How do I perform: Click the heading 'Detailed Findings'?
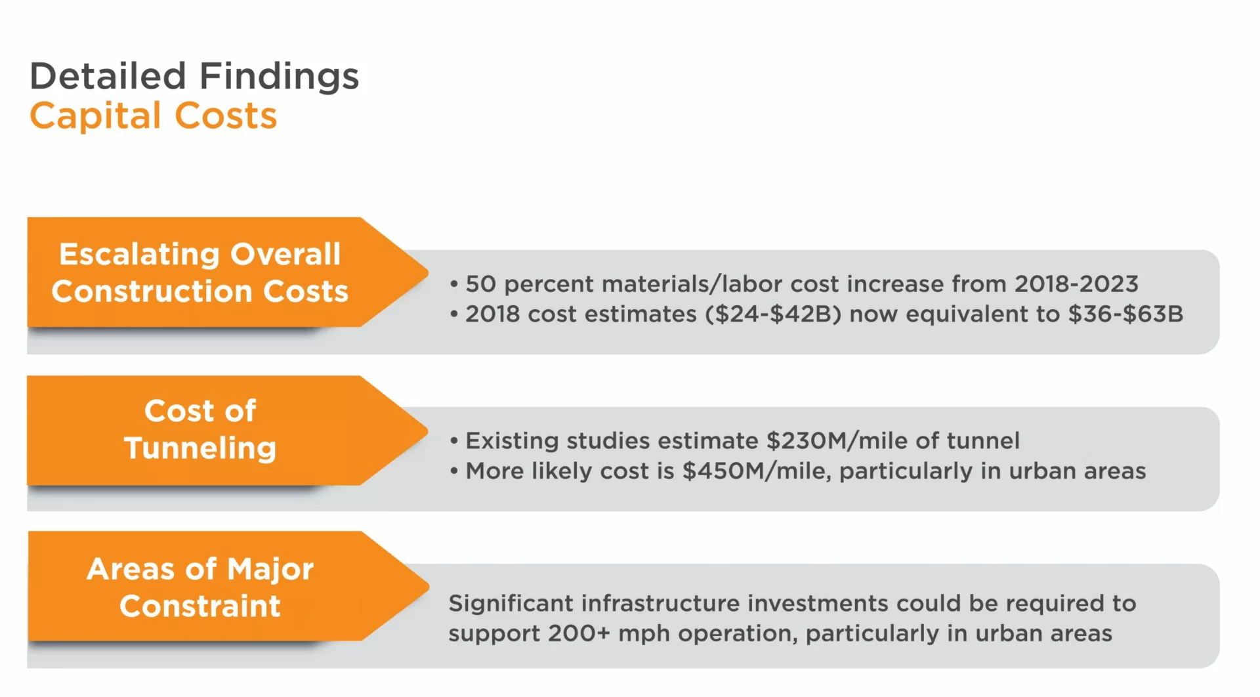tap(194, 76)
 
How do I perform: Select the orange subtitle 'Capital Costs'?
tap(154, 116)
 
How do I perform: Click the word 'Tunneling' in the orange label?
tap(200, 449)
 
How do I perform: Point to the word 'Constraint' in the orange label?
tap(200, 606)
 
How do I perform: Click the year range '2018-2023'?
tap(1076, 284)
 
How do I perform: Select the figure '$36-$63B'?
tap(1125, 314)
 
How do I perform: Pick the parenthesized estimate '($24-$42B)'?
tap(773, 314)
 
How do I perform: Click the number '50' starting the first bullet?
tap(480, 284)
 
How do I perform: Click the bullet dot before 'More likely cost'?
tap(454, 472)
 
